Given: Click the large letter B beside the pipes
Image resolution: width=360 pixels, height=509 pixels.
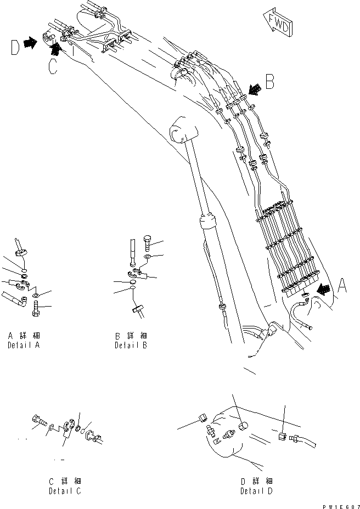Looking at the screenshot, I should pos(269,83).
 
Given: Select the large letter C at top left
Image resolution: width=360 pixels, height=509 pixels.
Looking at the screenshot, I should pos(52,67).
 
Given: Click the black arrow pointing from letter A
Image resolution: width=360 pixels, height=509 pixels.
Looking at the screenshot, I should pos(325,290).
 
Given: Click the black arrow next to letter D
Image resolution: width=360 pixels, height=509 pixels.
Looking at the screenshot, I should pos(31,42).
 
